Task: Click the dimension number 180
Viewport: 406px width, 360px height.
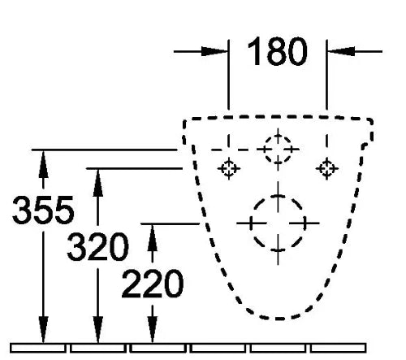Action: (x=278, y=51)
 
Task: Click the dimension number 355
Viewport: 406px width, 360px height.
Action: (x=43, y=210)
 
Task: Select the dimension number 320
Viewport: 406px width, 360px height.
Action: (x=97, y=246)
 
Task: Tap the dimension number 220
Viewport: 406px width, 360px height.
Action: (x=153, y=284)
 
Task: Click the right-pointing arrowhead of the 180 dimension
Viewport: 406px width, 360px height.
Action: (x=214, y=51)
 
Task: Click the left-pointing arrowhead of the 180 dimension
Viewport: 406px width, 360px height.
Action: (x=341, y=51)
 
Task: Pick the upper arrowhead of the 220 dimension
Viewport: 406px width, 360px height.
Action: (x=153, y=238)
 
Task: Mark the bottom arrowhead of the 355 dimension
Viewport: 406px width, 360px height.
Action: (x=43, y=329)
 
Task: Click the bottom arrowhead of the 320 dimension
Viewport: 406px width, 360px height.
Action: (x=98, y=329)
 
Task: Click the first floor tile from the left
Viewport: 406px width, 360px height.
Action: (x=38, y=348)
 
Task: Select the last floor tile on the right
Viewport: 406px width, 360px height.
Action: (x=338, y=348)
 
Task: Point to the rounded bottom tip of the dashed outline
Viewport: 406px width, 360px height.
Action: (x=279, y=319)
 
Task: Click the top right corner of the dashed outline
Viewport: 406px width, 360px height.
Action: (x=371, y=120)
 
